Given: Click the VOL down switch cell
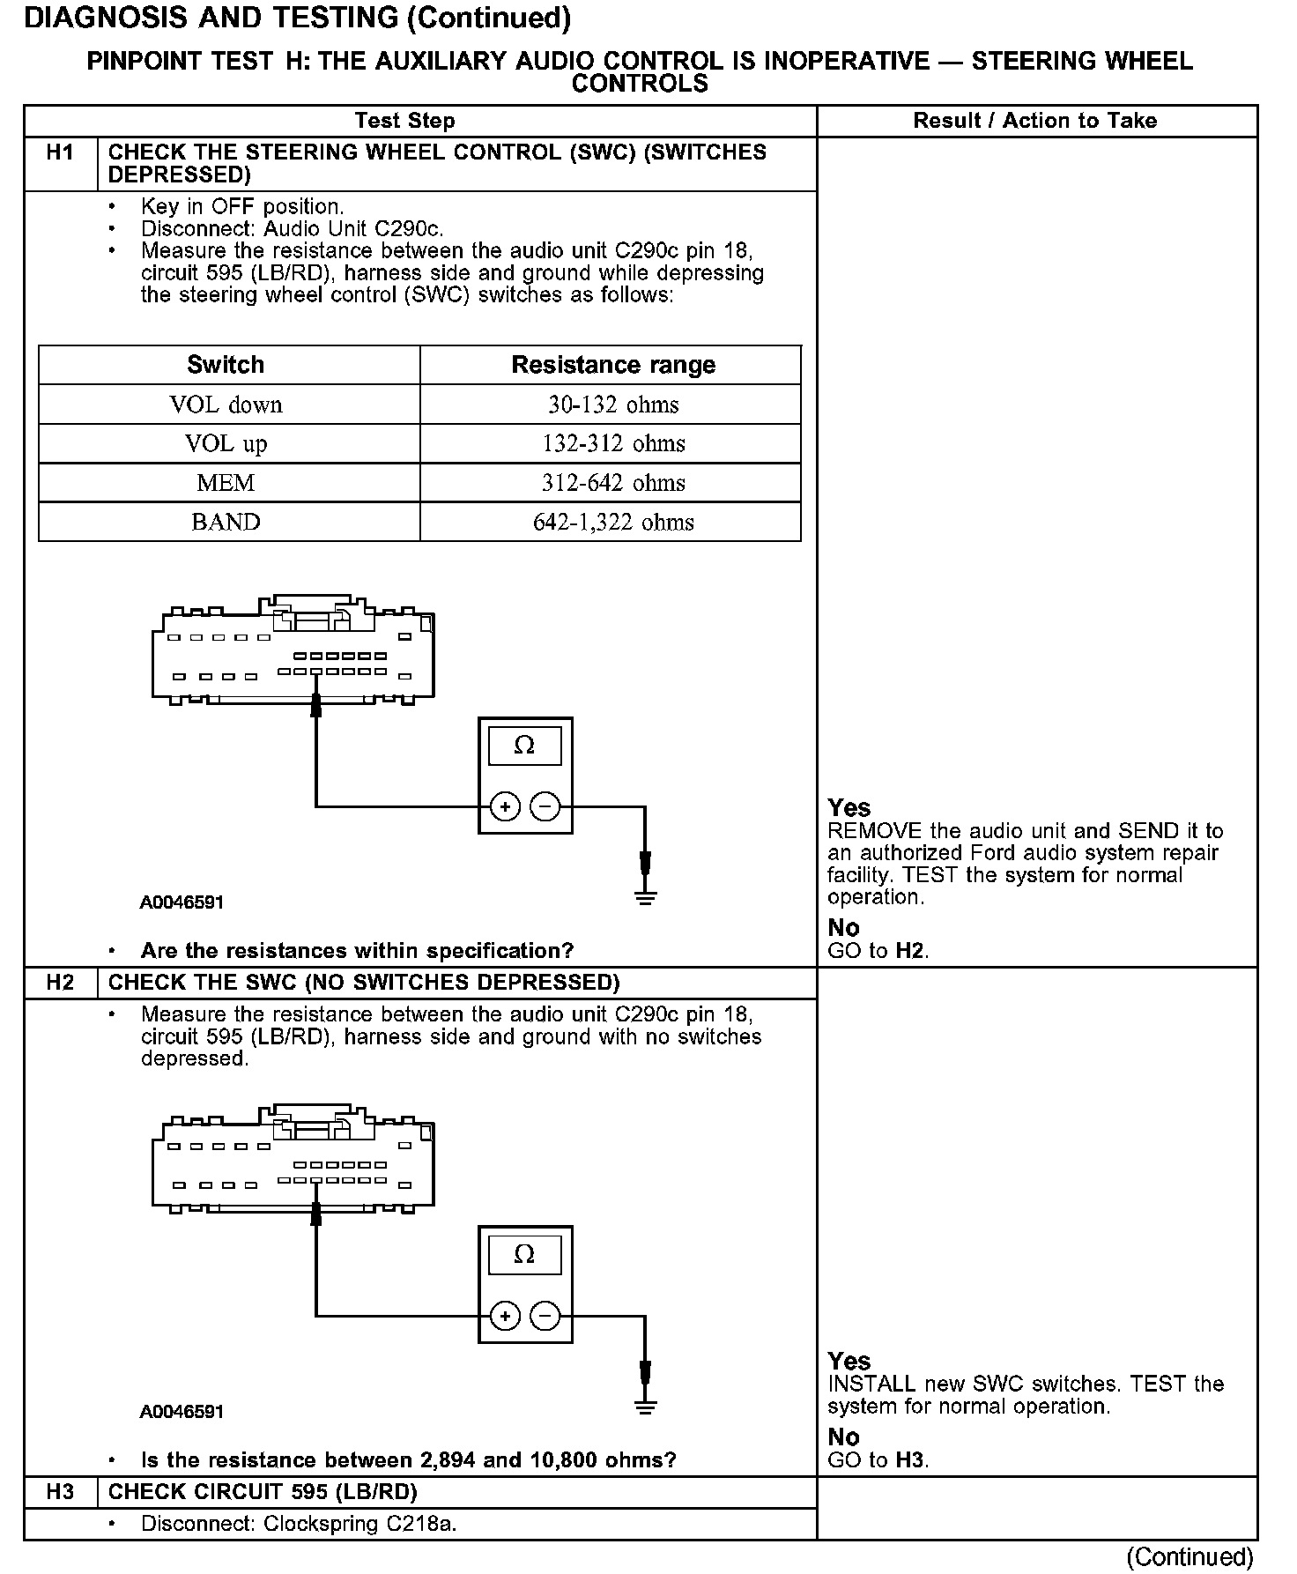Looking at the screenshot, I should click(226, 405).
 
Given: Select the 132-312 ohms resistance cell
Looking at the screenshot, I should click(613, 443).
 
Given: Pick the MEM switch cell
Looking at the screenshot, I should click(226, 483).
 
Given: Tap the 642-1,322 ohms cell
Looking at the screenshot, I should click(613, 522).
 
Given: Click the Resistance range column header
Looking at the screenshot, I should click(613, 365).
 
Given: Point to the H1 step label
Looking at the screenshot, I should click(60, 153).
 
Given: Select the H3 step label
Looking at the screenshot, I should click(60, 1491).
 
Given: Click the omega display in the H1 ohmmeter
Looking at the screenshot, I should click(524, 746).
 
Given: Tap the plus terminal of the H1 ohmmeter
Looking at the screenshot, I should click(505, 806).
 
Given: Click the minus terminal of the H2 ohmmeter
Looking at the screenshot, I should click(545, 1317).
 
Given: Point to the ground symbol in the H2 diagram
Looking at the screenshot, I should click(646, 1407).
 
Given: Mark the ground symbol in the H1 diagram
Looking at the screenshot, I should click(646, 898).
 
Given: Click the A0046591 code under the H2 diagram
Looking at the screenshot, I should click(182, 1411).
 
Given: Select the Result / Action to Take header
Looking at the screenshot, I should click(1034, 121).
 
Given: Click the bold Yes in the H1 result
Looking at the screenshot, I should click(849, 808).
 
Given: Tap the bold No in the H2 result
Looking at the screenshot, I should click(843, 1437).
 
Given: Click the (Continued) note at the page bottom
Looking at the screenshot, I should click(1190, 1556).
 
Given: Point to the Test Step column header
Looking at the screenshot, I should click(404, 121).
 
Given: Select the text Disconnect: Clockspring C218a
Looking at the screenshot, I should click(299, 1523).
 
